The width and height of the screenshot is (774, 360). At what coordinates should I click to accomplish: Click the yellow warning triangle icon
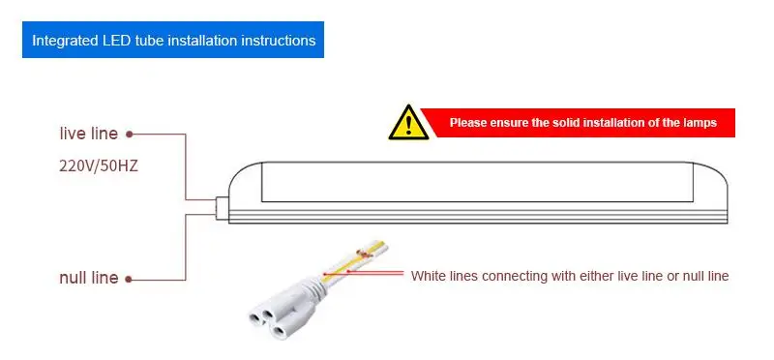point(408,123)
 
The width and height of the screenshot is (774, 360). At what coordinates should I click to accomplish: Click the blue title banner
point(173,40)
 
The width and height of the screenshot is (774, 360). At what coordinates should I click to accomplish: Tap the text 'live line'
point(89,134)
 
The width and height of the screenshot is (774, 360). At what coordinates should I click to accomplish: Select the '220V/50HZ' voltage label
point(99,166)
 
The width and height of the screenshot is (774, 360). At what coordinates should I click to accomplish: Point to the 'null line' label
point(89,278)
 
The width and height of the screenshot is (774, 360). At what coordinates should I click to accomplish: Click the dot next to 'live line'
point(130,134)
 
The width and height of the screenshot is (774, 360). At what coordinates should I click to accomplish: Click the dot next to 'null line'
point(129,280)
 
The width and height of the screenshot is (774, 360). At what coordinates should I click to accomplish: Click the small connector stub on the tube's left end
point(222,207)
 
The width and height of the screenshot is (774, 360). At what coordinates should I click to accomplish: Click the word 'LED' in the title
point(116,40)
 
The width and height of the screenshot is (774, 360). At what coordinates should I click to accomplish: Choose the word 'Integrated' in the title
point(65,41)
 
